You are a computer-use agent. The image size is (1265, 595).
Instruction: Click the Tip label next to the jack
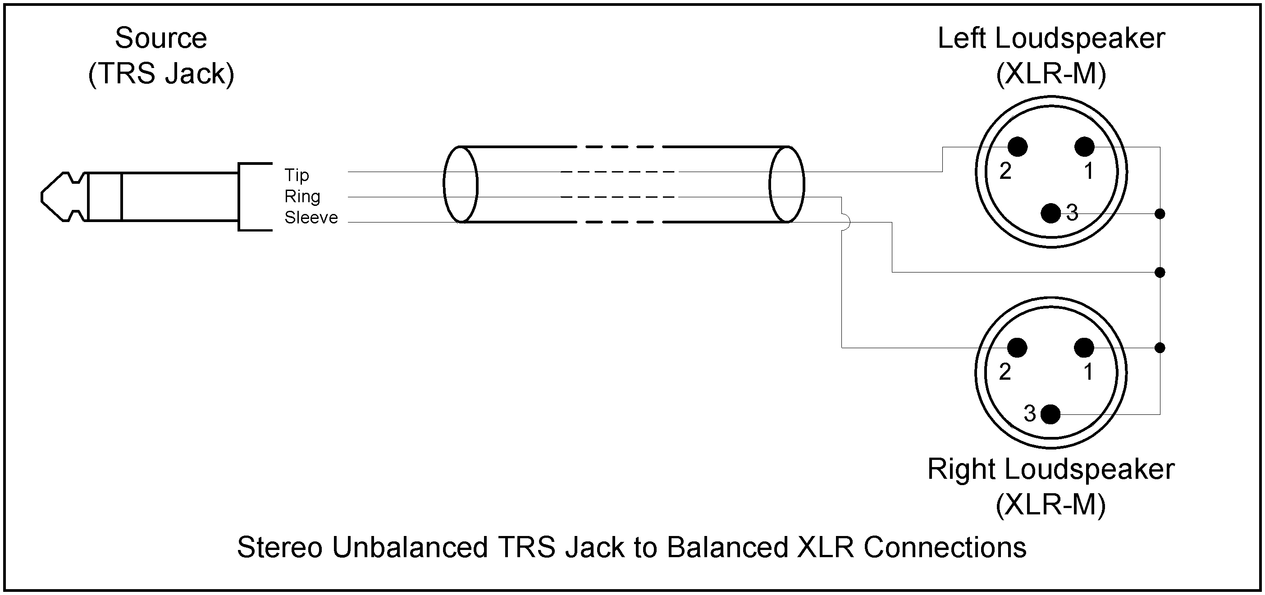297,175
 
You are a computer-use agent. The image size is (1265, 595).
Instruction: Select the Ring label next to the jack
302,196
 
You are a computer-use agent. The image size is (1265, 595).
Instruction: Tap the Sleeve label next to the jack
311,218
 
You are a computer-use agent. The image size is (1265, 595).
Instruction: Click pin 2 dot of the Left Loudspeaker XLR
1018,147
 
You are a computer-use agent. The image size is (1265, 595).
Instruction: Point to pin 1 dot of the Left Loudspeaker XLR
1084,147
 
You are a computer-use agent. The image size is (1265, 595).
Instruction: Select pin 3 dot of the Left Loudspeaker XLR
1051,213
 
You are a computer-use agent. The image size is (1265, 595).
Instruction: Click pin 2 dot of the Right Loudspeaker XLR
1017,348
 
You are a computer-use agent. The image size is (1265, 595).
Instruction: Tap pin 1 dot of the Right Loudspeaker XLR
1084,348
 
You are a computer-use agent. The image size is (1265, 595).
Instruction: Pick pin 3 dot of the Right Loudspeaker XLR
1050,414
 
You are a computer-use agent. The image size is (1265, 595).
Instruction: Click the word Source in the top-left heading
161,38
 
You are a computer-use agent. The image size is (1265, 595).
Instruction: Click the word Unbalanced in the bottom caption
410,547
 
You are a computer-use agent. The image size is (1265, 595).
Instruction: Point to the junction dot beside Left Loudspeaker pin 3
1160,213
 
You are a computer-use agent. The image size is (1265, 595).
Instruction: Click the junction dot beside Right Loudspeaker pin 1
1160,348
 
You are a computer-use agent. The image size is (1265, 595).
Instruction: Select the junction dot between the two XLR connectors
1160,272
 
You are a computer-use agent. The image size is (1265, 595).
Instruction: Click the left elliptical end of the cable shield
460,184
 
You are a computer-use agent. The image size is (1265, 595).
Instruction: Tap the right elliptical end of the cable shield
787,184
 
